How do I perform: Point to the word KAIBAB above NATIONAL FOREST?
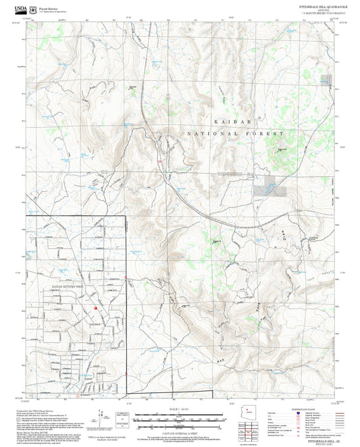click(x=227, y=121)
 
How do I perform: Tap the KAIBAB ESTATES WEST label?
click(x=69, y=287)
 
